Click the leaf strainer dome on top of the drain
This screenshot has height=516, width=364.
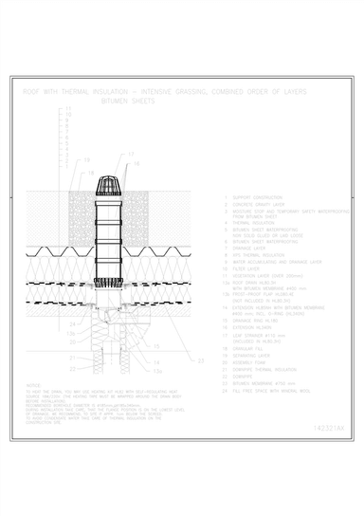pyautogui.click(x=107, y=180)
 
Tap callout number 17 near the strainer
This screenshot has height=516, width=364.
pyautogui.click(x=131, y=155)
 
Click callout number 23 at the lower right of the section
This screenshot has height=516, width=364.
pyautogui.click(x=198, y=361)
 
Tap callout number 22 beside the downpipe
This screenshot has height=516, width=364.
pyautogui.click(x=71, y=357)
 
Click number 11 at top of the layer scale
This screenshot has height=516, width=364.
pyautogui.click(x=68, y=111)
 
